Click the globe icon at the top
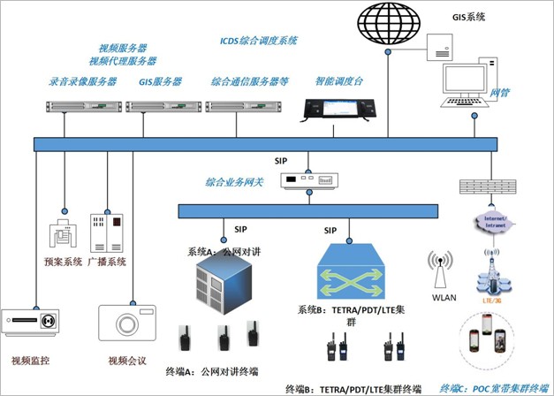(x=390, y=26)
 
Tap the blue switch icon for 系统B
(x=352, y=273)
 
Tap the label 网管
(x=500, y=92)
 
